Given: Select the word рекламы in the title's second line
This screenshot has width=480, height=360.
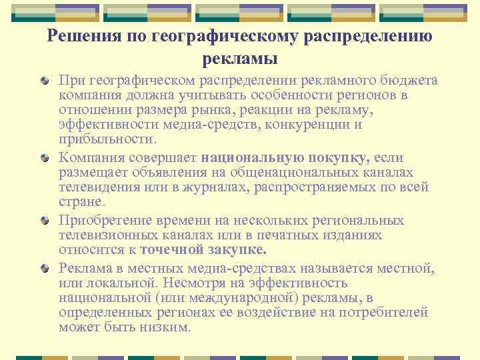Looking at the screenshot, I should point(239,59).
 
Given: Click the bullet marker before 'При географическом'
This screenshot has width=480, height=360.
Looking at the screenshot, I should point(45,81).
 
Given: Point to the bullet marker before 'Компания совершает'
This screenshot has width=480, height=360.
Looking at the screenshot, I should point(45,158).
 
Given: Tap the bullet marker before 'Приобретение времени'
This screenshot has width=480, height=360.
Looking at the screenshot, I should point(45,220).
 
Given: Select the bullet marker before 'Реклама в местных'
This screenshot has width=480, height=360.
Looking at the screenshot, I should point(45,268).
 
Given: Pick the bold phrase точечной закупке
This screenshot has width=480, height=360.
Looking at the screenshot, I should point(202,250).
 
